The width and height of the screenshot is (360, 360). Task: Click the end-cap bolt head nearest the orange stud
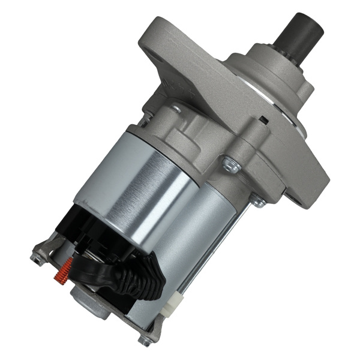tap(37, 257)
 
